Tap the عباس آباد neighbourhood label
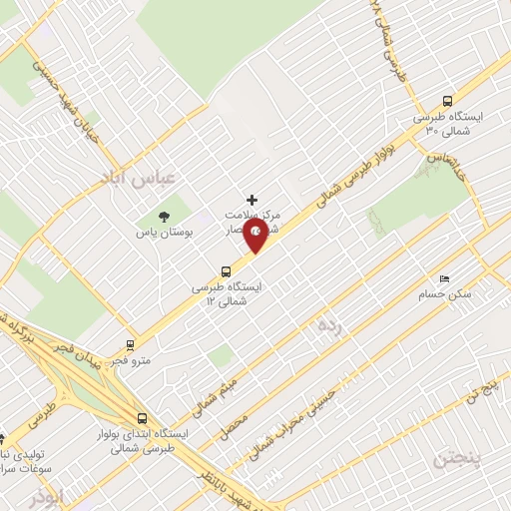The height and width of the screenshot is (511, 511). (137, 178)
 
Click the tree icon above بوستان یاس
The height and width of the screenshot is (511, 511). (165, 217)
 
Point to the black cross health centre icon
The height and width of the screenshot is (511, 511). (252, 200)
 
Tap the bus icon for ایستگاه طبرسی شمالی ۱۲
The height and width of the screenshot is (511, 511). (227, 270)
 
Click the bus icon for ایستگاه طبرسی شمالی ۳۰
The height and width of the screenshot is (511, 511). (447, 101)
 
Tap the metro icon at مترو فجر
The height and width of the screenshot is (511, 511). (130, 344)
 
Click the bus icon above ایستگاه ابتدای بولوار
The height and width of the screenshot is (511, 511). (143, 419)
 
